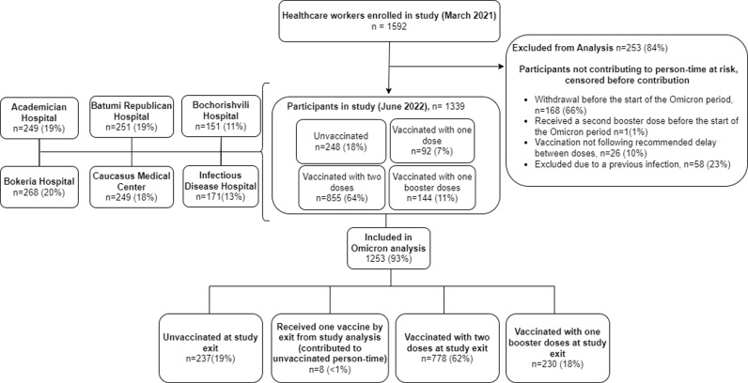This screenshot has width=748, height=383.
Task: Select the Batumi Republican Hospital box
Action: (x=132, y=116)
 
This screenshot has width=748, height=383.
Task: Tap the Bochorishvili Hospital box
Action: (x=222, y=116)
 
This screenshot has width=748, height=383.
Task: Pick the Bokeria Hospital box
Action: (x=39, y=187)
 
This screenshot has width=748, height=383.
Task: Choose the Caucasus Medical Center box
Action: (x=131, y=187)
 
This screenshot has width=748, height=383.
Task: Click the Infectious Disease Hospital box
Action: (x=222, y=186)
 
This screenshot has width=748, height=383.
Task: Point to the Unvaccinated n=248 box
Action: (x=340, y=142)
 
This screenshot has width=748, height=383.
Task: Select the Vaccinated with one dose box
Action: (x=432, y=141)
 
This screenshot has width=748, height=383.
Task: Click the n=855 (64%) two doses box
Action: (x=341, y=187)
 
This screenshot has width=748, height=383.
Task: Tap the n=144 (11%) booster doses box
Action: (x=432, y=187)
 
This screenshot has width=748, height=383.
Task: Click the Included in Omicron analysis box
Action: (x=389, y=249)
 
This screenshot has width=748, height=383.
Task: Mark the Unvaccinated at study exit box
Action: (x=210, y=347)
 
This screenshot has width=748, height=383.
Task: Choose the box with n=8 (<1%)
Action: (x=330, y=347)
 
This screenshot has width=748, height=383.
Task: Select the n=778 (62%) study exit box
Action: (x=446, y=347)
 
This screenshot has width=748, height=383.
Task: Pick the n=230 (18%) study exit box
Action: (x=557, y=347)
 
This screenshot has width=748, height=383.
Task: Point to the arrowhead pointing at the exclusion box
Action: (x=501, y=66)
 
